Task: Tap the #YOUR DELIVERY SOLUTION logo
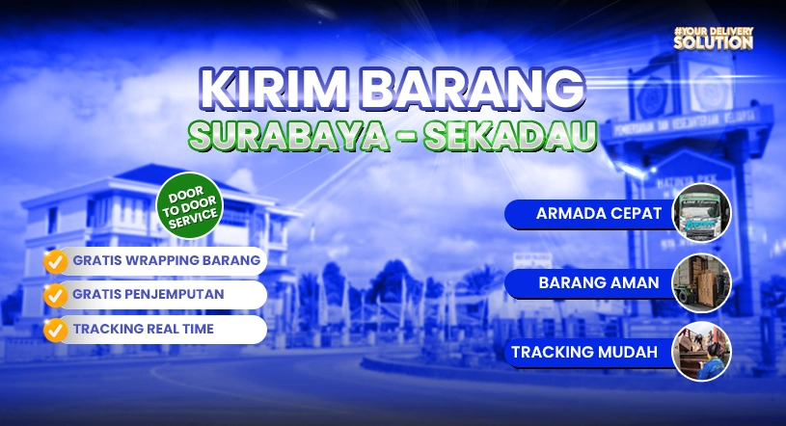[x=713, y=38]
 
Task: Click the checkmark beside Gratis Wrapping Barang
[x=56, y=261]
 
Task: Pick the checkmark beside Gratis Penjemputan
[x=56, y=294]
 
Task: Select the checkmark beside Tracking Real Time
[x=56, y=329]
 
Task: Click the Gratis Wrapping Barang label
[x=166, y=260]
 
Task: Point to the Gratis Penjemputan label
[x=149, y=294]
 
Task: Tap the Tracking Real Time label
[x=143, y=329]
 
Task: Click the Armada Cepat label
[x=599, y=214]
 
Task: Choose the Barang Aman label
[x=599, y=283]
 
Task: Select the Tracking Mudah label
[x=584, y=353]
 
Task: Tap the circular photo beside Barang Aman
[x=702, y=283]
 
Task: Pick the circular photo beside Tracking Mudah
[x=702, y=353]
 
